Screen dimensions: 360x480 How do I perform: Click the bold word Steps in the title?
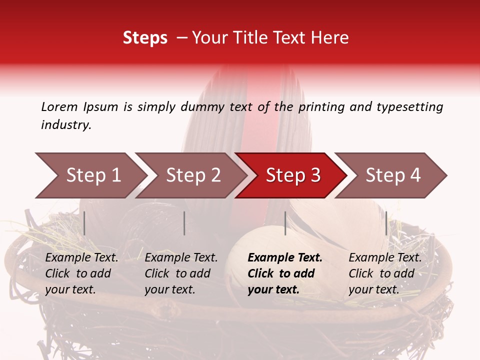coord(145,38)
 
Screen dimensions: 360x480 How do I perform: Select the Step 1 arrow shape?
coord(90,175)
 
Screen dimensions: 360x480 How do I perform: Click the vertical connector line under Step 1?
coord(84,223)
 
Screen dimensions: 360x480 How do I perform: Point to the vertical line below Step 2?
coord(184,223)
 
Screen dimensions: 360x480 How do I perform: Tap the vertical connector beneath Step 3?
coord(285,223)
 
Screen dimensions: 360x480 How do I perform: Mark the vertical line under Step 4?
coord(386,223)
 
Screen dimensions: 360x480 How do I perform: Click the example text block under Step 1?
coord(81,273)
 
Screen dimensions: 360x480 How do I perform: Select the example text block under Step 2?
coord(181,273)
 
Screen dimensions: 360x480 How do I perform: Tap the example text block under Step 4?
coord(385,273)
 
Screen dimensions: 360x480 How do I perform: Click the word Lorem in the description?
coord(59,106)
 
